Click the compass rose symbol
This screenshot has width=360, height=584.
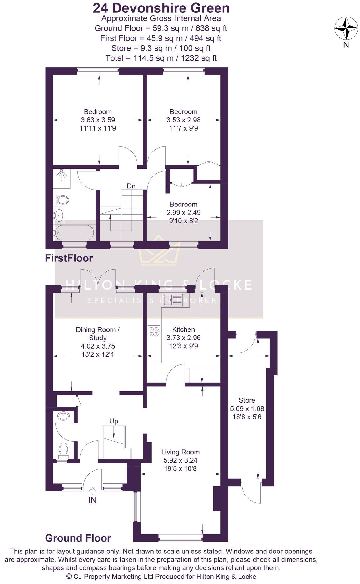tap(346, 28)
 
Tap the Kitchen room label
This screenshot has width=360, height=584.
tap(183, 329)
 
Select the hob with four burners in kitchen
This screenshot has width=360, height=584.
tap(154, 332)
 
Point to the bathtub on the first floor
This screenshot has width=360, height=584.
tap(74, 232)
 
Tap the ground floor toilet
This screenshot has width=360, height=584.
tap(64, 450)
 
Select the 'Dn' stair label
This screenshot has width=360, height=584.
tap(131, 186)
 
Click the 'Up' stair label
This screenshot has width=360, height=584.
tap(114, 421)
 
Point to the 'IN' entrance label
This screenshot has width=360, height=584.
tap(92, 500)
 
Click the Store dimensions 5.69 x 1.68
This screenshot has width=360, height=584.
tap(247, 408)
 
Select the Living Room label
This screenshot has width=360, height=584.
tap(180, 452)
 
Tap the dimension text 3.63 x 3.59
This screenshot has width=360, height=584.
tap(98, 120)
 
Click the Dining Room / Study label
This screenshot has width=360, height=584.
tap(98, 334)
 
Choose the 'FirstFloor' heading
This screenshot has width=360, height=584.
tap(69, 258)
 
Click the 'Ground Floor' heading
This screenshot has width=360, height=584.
tap(78, 538)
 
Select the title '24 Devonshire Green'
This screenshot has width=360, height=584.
tap(161, 8)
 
